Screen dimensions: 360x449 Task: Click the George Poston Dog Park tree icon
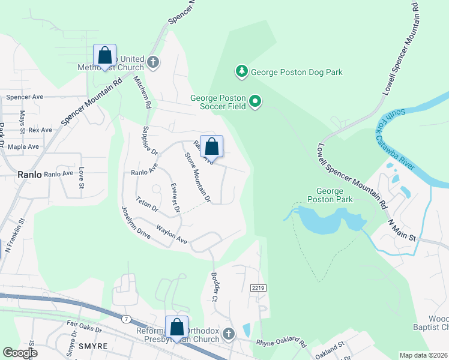click(x=242, y=72)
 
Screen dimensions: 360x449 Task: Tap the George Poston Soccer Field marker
click(x=255, y=101)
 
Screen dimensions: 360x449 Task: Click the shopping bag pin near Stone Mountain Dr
click(x=211, y=146)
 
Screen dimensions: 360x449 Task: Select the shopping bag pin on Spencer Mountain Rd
click(x=105, y=56)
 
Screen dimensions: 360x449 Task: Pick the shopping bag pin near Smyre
click(x=176, y=327)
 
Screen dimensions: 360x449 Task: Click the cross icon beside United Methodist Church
click(x=153, y=62)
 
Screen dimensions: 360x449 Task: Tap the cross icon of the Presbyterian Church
click(x=228, y=334)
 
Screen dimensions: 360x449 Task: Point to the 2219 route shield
click(x=258, y=289)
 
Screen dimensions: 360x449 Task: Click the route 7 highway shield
click(x=125, y=319)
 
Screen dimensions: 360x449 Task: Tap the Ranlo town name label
click(x=29, y=175)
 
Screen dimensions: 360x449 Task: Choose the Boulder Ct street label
click(x=214, y=286)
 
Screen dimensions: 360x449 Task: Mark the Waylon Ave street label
click(x=172, y=235)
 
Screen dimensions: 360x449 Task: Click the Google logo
click(x=20, y=353)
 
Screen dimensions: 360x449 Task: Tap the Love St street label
click(x=81, y=178)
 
